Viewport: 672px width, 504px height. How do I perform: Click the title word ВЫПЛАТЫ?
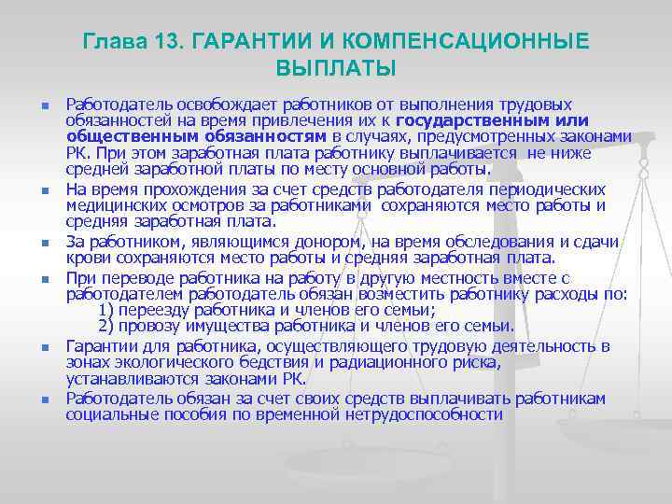click(336, 69)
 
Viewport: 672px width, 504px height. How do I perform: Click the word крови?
click(86, 259)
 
